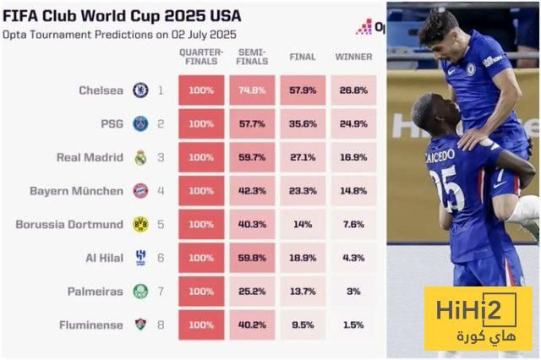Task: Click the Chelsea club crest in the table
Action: [140, 90]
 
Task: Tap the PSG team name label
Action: [112, 123]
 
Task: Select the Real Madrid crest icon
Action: [140, 157]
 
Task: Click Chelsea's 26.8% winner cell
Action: [352, 90]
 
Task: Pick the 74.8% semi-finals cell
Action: [252, 90]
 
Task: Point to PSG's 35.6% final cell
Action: [303, 123]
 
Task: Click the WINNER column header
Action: [352, 57]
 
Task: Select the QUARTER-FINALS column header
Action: [201, 57]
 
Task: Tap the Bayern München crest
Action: [140, 190]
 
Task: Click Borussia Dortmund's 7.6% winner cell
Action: [352, 224]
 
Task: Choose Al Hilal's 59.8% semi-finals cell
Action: [252, 258]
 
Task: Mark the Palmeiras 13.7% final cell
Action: [303, 291]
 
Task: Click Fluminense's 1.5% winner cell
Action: [352, 325]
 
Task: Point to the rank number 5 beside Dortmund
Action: [161, 224]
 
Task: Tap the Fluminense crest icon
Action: [140, 325]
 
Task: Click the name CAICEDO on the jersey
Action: [441, 157]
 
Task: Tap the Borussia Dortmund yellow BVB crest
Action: [140, 224]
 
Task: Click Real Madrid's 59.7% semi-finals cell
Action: [252, 157]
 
